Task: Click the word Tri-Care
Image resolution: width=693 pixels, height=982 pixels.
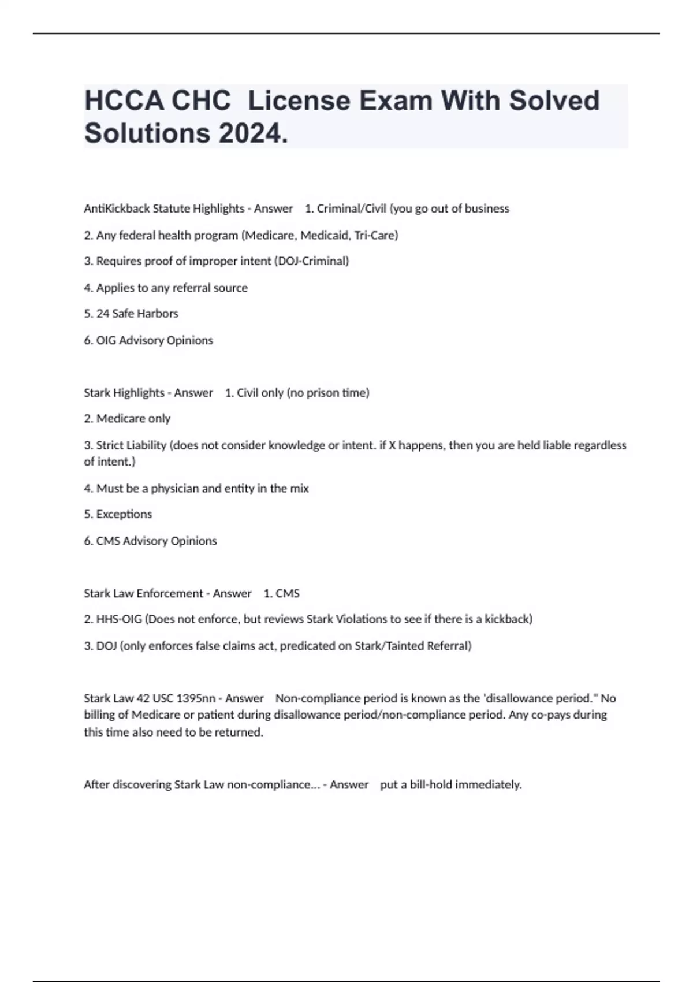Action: point(376,235)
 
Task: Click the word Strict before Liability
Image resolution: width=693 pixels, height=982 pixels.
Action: point(110,445)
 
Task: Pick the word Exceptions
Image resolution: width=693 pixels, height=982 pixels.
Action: point(124,514)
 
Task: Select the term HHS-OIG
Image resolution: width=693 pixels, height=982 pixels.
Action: point(119,619)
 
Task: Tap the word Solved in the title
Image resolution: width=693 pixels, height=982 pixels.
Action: point(554,101)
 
